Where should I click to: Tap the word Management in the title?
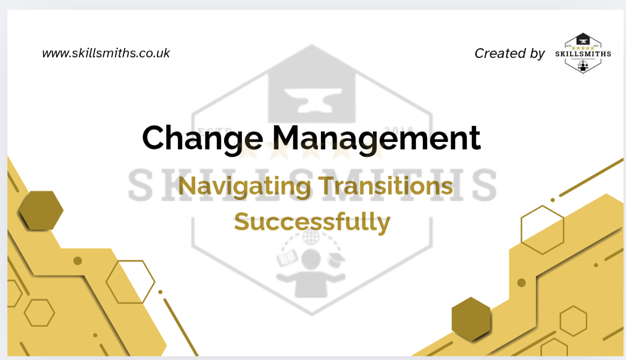368,138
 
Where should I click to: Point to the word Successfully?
312,221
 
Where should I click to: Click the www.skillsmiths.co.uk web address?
106,53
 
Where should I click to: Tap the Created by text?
509,54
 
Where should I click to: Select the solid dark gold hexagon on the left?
41,211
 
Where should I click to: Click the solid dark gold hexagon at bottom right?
471,319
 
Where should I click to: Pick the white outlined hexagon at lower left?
130,282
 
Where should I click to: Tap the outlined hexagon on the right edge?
543,230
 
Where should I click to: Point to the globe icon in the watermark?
311,237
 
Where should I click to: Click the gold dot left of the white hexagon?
78,261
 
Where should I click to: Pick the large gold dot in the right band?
521,283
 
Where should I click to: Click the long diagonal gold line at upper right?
586,179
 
